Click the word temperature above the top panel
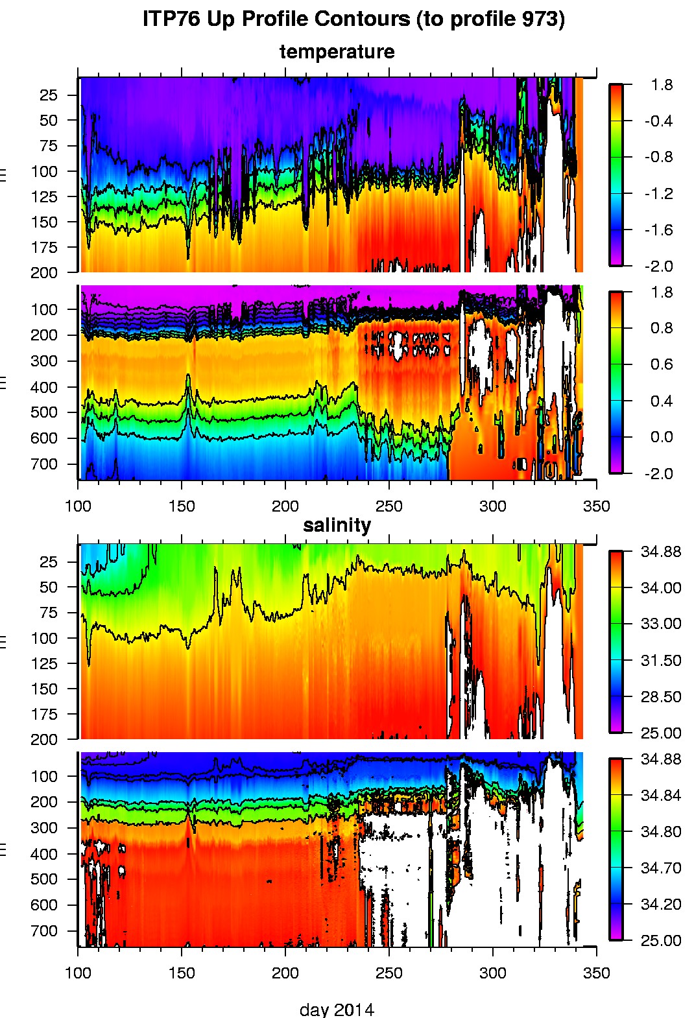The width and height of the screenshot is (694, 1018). (x=337, y=52)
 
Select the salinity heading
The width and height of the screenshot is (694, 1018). (x=337, y=525)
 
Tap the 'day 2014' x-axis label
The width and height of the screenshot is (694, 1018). (x=337, y=1009)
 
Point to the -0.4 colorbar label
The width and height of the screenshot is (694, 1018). (x=658, y=121)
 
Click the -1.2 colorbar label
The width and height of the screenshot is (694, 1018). (x=658, y=194)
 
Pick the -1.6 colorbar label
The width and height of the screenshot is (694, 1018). (x=658, y=230)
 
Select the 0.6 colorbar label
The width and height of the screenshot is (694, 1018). (x=661, y=364)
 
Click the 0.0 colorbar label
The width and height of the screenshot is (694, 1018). (x=661, y=437)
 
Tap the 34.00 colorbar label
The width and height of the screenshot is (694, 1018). (x=660, y=588)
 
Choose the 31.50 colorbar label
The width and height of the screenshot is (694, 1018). (x=660, y=661)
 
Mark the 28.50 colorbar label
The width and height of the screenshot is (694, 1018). (x=660, y=697)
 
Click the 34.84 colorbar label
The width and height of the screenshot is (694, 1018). (x=660, y=796)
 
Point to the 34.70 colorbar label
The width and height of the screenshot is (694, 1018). (x=660, y=868)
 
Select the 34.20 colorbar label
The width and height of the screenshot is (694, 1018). (x=660, y=905)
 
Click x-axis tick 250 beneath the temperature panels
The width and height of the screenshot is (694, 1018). (x=389, y=506)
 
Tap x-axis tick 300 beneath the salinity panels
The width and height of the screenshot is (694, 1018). (x=492, y=973)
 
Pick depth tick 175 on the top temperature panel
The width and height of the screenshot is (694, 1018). (x=45, y=248)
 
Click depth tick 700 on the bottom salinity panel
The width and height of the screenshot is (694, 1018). (x=45, y=931)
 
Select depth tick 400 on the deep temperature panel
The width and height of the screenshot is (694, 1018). (x=45, y=387)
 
